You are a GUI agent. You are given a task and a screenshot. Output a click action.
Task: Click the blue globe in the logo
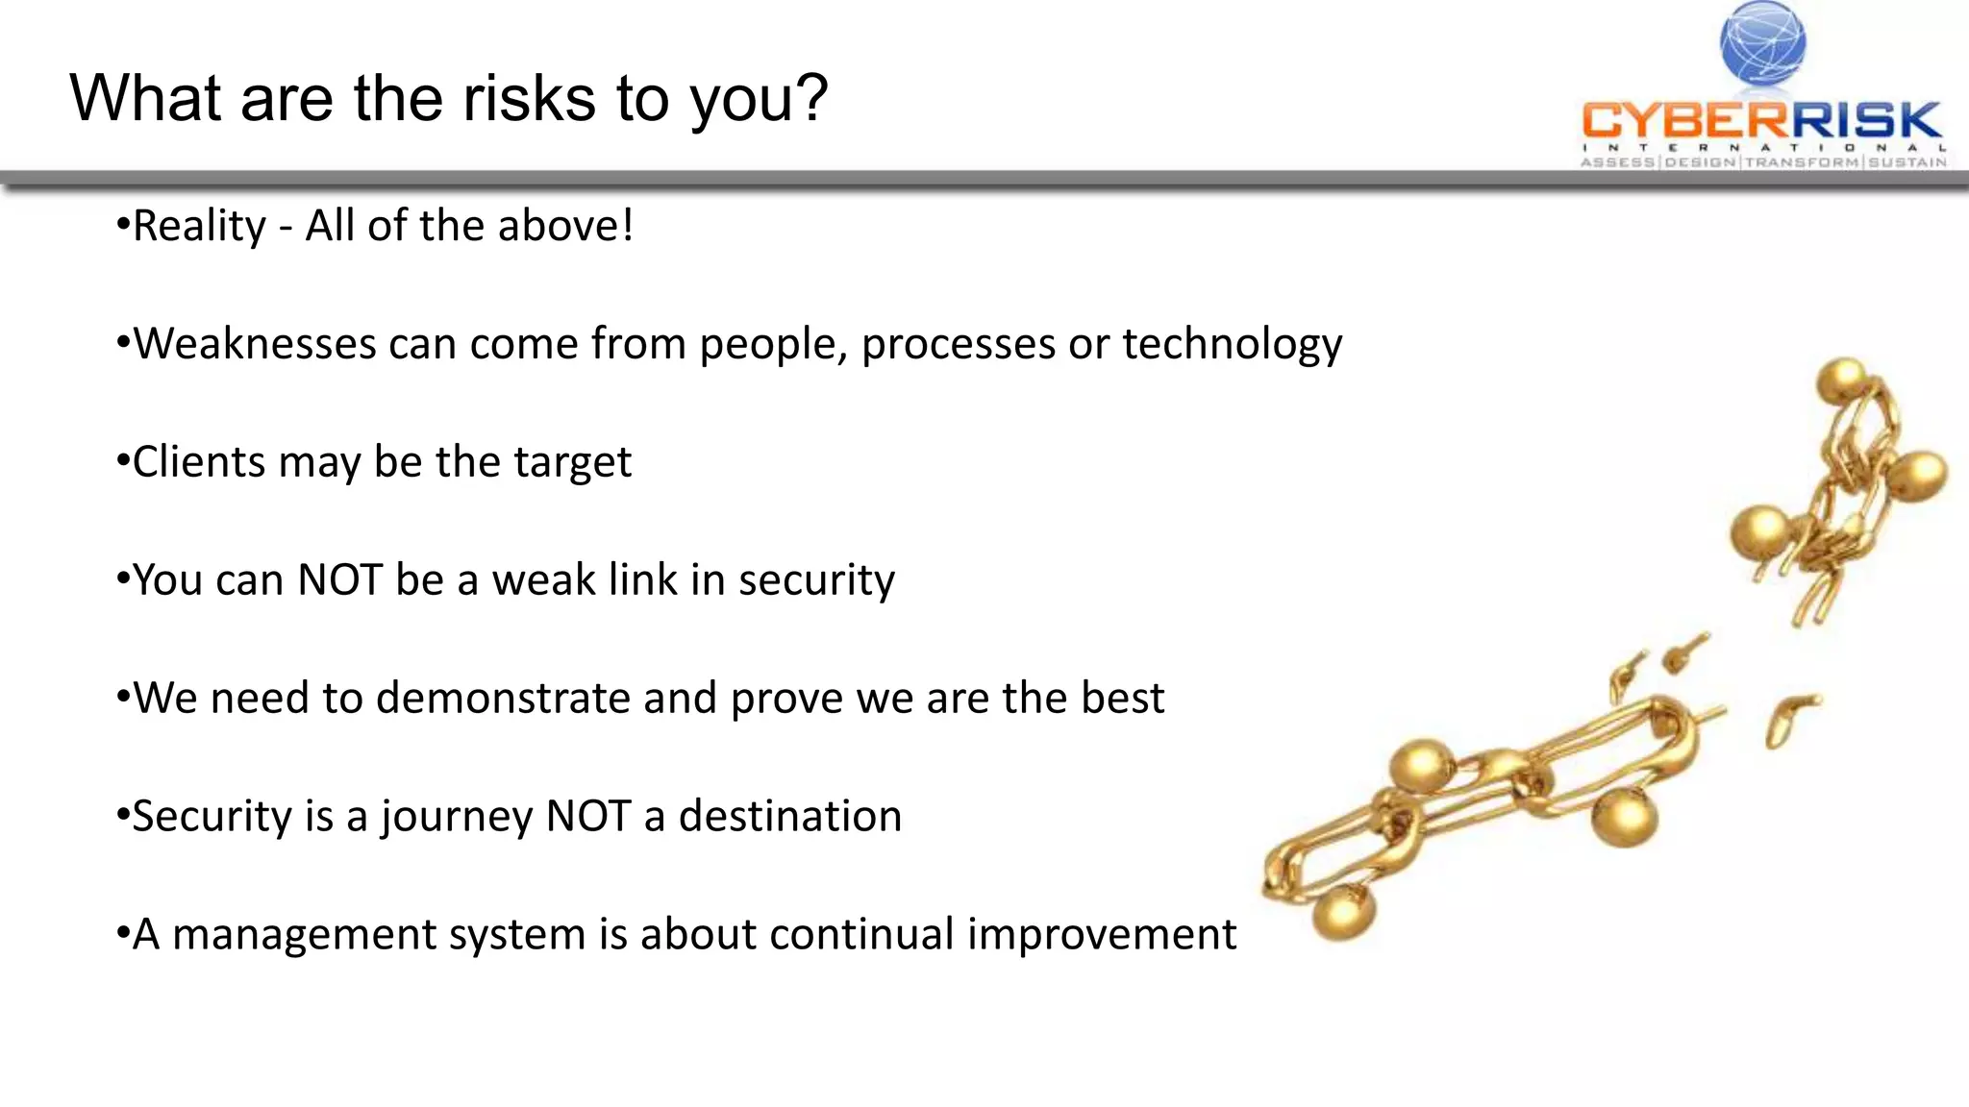[x=1762, y=42]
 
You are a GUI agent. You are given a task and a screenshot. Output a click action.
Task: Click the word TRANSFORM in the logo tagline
[x=1803, y=162]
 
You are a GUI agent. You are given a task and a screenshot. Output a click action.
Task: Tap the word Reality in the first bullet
[x=199, y=227]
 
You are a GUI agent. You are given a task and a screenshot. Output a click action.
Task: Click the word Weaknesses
[x=254, y=344]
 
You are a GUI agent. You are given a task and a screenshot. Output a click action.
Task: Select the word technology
[x=1232, y=344]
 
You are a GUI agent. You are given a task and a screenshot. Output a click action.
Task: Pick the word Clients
[x=198, y=462]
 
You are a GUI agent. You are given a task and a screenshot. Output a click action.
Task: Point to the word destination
[x=789, y=817]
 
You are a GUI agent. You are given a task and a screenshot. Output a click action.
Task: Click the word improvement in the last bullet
[x=1102, y=935]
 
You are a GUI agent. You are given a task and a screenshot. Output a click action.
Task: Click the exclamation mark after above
[x=628, y=227]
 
